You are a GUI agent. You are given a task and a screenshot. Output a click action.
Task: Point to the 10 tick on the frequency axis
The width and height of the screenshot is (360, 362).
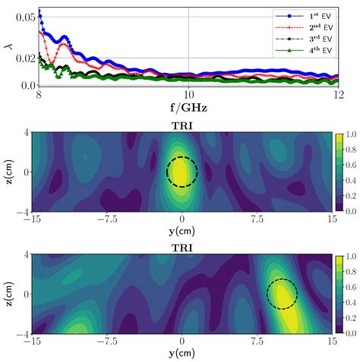point(188,94)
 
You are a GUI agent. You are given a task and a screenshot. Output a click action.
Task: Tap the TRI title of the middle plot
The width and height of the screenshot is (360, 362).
point(182,125)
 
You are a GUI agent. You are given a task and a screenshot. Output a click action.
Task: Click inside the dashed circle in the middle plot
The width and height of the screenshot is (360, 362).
point(182,172)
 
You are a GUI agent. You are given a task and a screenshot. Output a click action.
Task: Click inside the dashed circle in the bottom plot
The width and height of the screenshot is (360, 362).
point(282,294)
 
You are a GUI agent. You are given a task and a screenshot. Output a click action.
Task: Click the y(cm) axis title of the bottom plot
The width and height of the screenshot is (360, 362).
point(182,354)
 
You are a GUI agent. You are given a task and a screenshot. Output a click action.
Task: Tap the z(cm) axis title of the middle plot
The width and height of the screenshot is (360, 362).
point(8,172)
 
